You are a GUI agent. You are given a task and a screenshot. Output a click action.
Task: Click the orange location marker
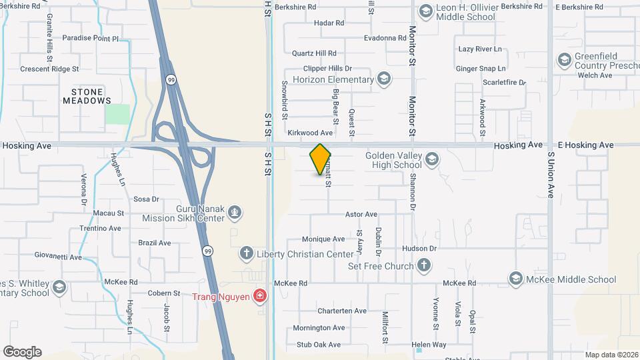[x=320, y=159]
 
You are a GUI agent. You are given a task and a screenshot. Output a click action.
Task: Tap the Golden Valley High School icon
[x=431, y=159]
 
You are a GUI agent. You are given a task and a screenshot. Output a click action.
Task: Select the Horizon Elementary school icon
[x=383, y=79]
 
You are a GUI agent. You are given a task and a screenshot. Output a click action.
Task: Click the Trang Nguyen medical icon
[x=260, y=296]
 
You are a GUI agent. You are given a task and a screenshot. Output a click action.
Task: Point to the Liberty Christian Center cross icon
[x=246, y=254]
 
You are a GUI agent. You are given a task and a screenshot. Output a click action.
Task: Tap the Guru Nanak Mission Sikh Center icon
[x=234, y=213]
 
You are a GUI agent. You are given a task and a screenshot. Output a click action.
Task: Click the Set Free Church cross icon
[x=423, y=266]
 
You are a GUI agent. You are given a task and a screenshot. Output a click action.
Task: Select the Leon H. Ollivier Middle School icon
[x=425, y=11]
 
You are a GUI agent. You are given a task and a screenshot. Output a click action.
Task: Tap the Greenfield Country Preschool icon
[x=565, y=61]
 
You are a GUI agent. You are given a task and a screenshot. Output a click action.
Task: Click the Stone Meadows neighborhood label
[x=87, y=96]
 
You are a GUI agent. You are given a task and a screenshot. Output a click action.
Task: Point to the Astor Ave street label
[x=361, y=215]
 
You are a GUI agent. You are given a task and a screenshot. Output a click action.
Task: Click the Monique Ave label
[x=323, y=239]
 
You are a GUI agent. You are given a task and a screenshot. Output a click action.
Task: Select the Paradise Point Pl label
[x=90, y=39]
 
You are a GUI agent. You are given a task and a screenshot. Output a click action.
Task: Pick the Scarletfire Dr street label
[x=505, y=83]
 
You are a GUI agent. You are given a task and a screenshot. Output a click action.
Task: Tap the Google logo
[x=22, y=352]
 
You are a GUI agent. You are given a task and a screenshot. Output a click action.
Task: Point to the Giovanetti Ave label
[x=58, y=257]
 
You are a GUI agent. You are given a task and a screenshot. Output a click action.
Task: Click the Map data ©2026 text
[x=611, y=355]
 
